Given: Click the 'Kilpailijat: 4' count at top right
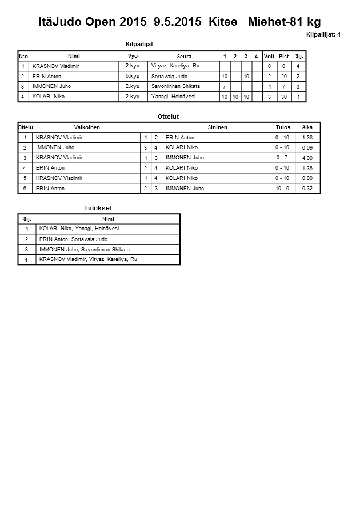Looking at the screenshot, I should [323, 34].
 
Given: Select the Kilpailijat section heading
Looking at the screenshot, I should [139, 44].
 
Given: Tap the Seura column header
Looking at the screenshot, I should [184, 56].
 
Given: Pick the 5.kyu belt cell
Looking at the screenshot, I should [133, 76].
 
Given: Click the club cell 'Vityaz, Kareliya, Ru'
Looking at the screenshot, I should [175, 66].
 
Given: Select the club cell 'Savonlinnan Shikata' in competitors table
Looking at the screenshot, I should [175, 86].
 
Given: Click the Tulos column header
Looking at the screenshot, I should [283, 127].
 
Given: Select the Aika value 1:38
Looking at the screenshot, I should [307, 138].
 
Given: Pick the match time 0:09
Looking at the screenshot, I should [307, 148].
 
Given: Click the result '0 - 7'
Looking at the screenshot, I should [282, 158].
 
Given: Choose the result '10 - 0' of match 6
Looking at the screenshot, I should [282, 189].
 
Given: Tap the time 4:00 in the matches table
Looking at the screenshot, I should [307, 158].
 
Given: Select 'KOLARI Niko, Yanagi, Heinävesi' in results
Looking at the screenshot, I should [79, 229].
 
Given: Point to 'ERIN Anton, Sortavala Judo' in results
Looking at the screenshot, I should [73, 239].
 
